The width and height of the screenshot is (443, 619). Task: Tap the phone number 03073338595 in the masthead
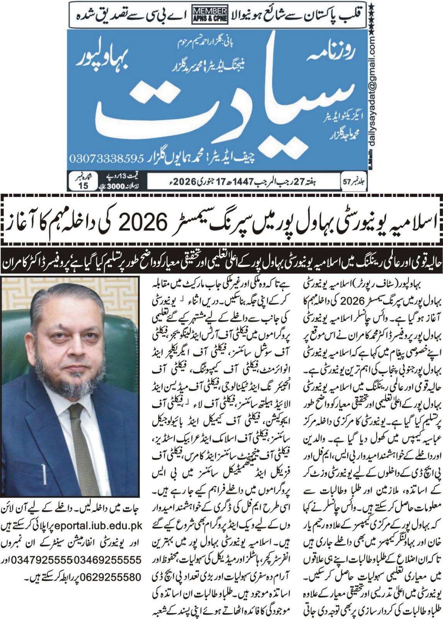[x=107, y=158]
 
